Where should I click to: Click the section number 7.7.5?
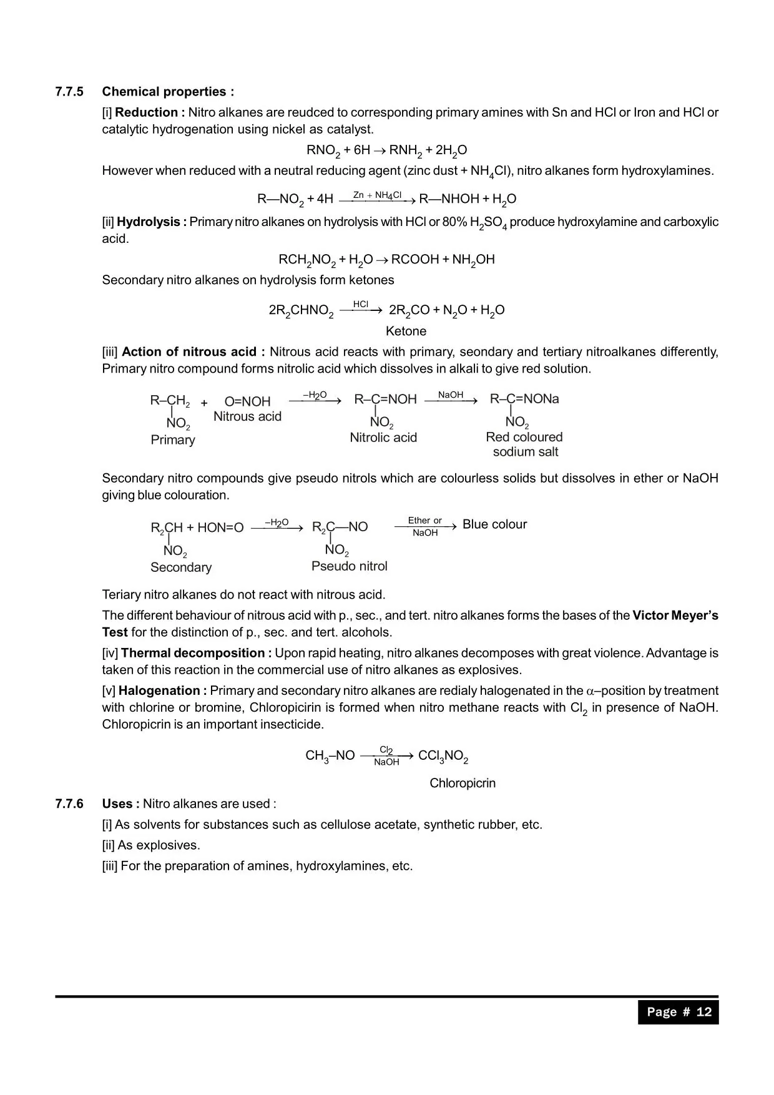click(x=69, y=92)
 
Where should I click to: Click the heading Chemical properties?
click(x=168, y=92)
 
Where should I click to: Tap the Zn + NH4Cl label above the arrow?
click(x=377, y=195)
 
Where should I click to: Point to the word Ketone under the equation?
click(x=406, y=331)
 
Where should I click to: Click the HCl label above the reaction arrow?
click(x=361, y=304)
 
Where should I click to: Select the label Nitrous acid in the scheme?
click(x=247, y=416)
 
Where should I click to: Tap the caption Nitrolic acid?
click(x=383, y=438)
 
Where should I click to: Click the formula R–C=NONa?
click(x=524, y=399)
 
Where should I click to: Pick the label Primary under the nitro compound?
click(x=173, y=440)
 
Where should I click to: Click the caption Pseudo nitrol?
click(x=350, y=566)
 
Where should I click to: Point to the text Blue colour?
click(x=494, y=524)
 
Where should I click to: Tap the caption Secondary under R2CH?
click(x=181, y=567)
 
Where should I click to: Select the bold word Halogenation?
click(x=162, y=690)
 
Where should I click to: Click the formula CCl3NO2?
click(x=443, y=757)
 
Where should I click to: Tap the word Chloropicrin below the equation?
click(x=463, y=783)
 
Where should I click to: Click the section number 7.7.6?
click(x=69, y=803)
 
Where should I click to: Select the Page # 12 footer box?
click(x=678, y=1012)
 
